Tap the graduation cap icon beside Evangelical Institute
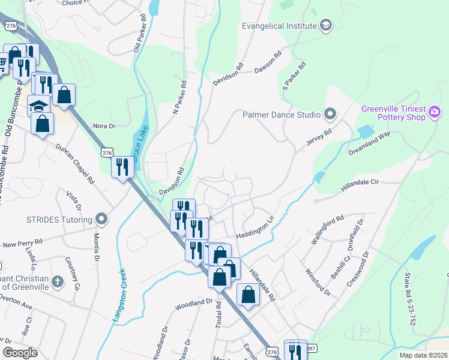326,25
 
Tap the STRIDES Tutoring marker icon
102,218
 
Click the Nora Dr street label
103,126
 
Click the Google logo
20,353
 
